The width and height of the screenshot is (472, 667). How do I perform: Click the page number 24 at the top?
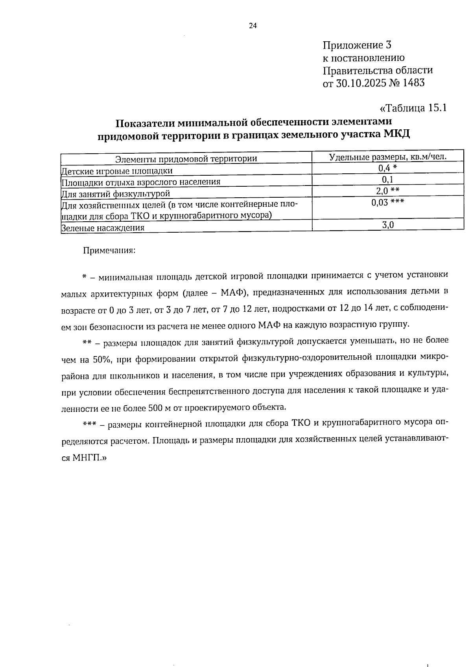[253, 26]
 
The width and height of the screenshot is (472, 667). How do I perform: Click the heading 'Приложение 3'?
[357, 45]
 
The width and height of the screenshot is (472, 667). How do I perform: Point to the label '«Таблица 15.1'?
[413, 108]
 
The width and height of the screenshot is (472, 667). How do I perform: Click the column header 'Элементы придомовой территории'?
[186, 159]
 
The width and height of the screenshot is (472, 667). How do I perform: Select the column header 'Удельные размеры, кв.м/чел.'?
[388, 157]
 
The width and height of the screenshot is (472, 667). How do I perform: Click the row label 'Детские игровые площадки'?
[117, 171]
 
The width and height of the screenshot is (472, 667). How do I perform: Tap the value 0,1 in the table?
[388, 180]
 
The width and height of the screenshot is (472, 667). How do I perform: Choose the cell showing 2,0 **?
[388, 191]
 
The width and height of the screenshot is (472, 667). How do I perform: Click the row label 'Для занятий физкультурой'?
[116, 193]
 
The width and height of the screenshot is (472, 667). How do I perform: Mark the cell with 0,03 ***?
[388, 202]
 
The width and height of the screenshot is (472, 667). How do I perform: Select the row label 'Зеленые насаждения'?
[103, 228]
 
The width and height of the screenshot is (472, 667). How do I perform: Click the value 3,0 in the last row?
[388, 225]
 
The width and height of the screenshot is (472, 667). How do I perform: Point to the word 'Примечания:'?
[109, 250]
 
